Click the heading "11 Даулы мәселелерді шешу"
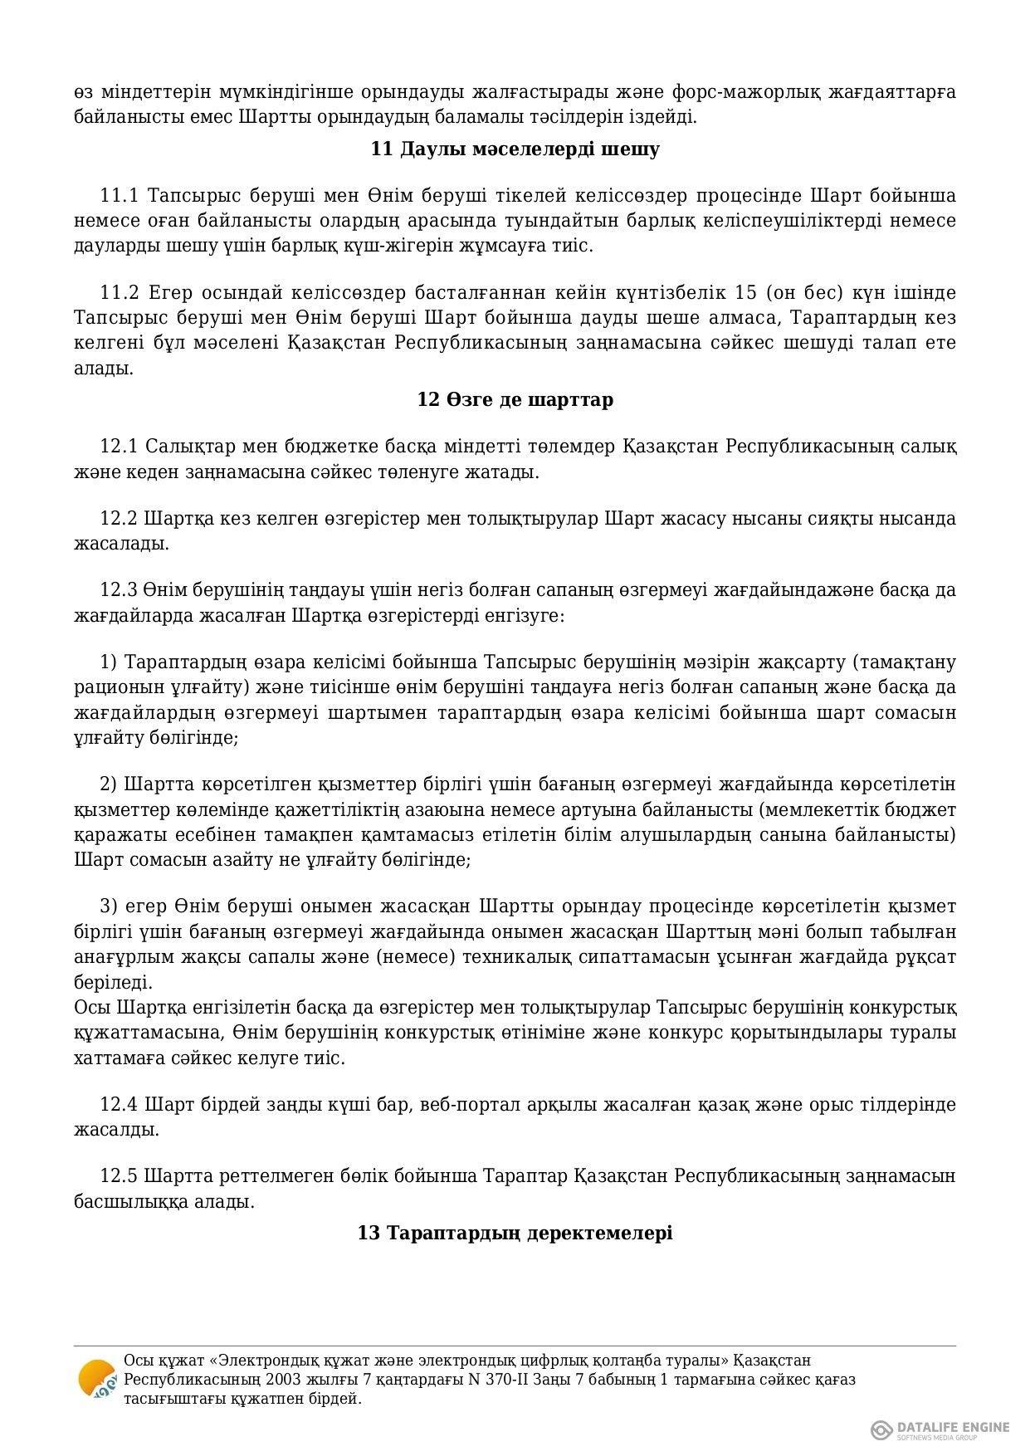pos(515,149)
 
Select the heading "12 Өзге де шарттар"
pos(515,400)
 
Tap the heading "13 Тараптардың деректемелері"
pos(515,1233)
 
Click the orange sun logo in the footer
pos(96,1380)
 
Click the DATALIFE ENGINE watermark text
pos(953,1427)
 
